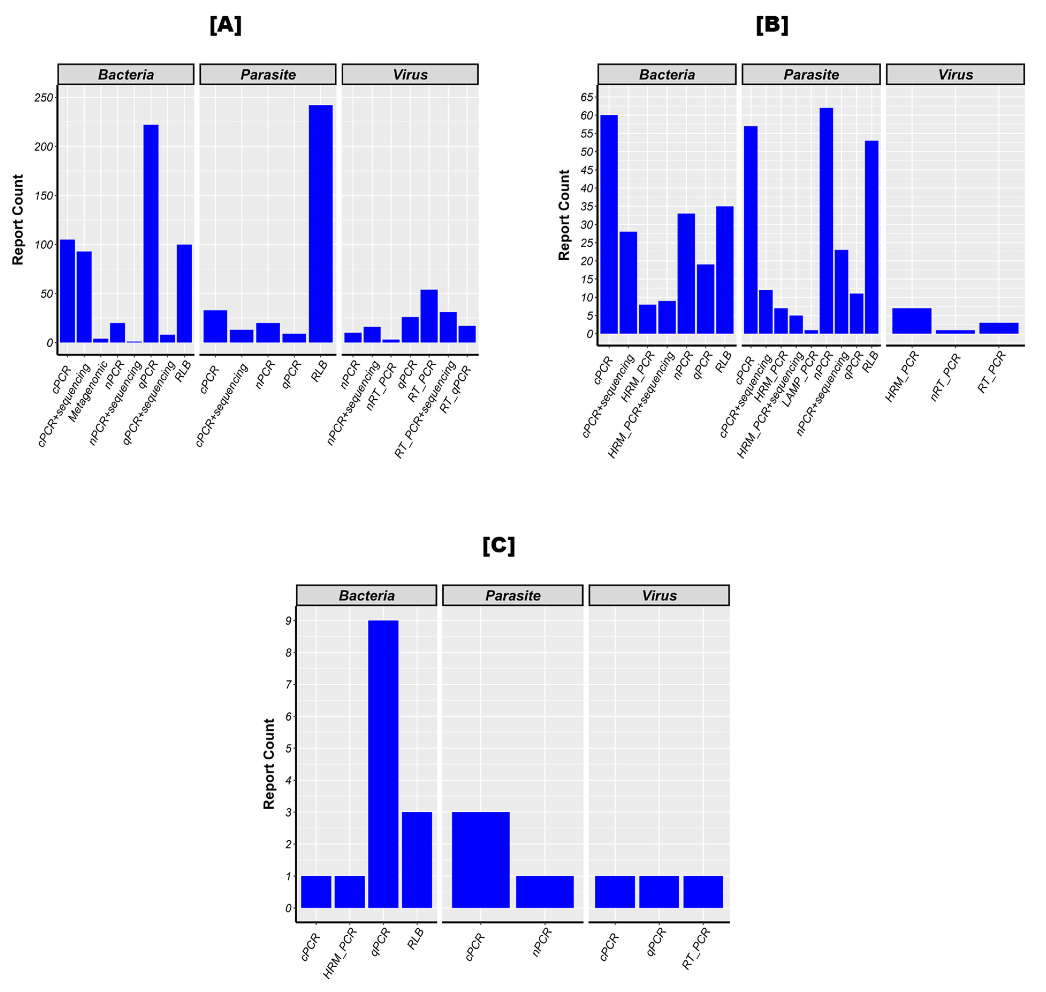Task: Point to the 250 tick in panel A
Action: coord(44,98)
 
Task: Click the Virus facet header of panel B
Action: coord(954,75)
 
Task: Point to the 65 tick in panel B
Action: coord(587,97)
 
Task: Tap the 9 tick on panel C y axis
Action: coord(288,621)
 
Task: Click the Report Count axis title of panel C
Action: coord(269,764)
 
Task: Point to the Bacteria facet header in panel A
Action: coord(126,75)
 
